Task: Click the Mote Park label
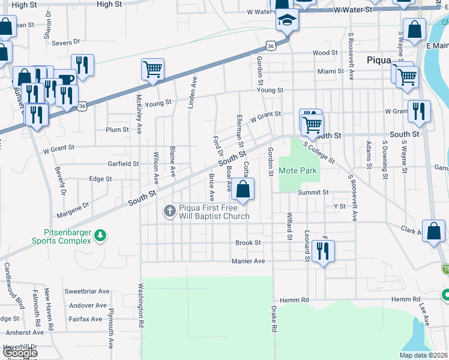point(297,171)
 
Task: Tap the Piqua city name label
point(379,60)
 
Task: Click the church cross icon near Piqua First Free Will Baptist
point(170,211)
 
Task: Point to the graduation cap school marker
point(288,21)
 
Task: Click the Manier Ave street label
point(248,261)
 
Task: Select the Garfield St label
point(123,163)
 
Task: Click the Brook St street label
point(248,243)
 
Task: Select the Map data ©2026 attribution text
point(423,355)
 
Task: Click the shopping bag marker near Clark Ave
point(433,231)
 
